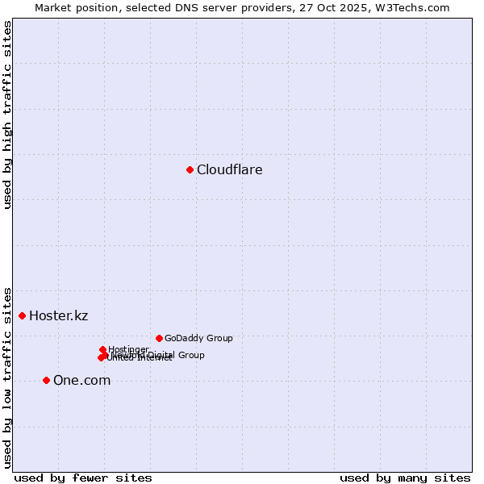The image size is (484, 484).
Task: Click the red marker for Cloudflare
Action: pos(190,169)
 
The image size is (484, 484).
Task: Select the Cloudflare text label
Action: pos(230,169)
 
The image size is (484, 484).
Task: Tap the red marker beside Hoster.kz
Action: pos(23,315)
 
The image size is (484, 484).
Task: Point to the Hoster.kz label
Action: pos(58,315)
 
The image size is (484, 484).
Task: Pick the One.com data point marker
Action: pos(47,380)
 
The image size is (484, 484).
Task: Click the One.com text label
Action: pos(81,381)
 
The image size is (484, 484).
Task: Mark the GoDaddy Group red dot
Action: pos(160,338)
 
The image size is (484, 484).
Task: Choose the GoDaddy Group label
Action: pos(198,338)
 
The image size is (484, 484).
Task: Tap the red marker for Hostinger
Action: pos(103,349)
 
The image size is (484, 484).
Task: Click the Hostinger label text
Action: pos(129,349)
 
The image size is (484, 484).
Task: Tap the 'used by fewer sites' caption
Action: pos(83,478)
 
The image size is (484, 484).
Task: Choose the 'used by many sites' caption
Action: pos(405,478)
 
